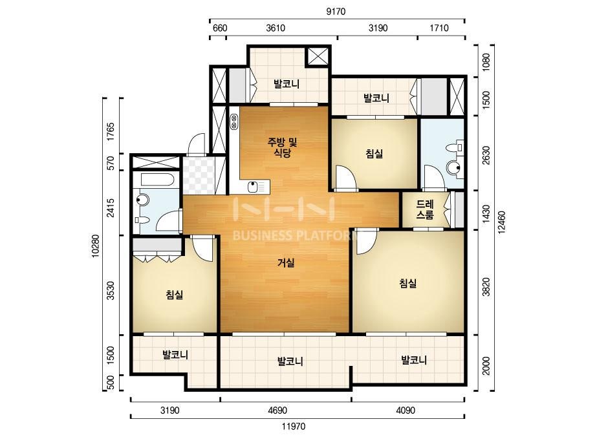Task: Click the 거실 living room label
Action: point(285,262)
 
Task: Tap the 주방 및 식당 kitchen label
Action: point(282,147)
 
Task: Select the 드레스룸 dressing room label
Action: point(425,209)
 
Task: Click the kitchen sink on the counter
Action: point(252,187)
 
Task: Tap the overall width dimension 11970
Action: point(294,427)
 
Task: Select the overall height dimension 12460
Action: point(501,222)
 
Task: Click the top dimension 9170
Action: point(336,12)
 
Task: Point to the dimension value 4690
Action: point(277,410)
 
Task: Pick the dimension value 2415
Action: point(111,208)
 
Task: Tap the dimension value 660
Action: point(220,28)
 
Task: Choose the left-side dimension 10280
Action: point(95,246)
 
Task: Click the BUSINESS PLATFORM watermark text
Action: point(294,235)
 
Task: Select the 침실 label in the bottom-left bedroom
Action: point(175,295)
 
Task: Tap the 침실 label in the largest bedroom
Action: point(407,283)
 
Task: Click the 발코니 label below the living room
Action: point(290,361)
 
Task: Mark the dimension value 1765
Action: point(111,132)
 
